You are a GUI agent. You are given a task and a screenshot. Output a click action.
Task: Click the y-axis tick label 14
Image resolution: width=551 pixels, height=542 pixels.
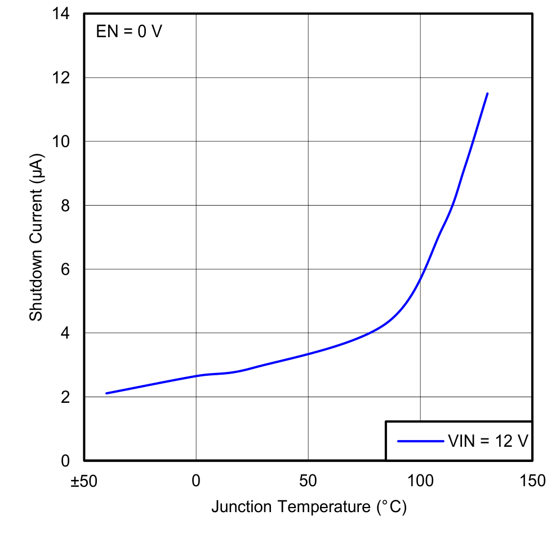(63, 14)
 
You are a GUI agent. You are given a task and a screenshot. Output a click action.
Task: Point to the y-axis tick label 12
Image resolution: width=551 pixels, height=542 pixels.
(63, 78)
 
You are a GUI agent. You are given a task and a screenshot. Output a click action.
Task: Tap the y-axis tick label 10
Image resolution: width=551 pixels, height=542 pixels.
(63, 141)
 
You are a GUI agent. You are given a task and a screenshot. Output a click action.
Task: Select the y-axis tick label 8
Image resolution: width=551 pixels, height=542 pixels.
(66, 206)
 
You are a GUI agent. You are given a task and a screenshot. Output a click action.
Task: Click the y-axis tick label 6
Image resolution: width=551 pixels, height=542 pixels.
(66, 269)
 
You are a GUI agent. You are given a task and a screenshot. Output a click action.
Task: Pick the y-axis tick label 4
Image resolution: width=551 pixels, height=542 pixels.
(66, 333)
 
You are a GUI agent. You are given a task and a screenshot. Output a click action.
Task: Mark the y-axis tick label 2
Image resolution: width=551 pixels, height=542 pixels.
(66, 397)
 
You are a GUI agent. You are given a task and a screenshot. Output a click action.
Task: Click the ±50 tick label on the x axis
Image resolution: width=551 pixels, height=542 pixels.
(83, 482)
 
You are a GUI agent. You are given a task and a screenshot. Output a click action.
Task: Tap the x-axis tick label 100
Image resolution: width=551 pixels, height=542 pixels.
(420, 482)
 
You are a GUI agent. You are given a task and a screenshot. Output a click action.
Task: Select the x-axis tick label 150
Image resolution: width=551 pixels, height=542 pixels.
(532, 482)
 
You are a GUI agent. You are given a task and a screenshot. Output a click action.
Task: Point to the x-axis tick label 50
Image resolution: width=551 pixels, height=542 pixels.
(308, 482)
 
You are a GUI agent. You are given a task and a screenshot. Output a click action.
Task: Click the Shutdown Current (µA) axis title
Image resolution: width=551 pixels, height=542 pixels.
(36, 237)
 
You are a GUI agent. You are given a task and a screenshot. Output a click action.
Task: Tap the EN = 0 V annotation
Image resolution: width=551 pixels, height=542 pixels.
(129, 32)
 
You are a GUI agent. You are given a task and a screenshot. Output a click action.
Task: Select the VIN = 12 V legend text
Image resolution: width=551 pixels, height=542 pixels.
(488, 441)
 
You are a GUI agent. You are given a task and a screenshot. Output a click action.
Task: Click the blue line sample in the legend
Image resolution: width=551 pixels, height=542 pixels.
(420, 441)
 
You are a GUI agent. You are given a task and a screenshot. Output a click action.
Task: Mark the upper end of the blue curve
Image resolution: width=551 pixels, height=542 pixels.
(487, 94)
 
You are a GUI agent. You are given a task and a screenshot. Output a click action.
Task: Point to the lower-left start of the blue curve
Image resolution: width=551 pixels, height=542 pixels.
(106, 393)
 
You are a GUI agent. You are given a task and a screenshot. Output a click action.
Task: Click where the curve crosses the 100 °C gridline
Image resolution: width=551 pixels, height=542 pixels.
(420, 278)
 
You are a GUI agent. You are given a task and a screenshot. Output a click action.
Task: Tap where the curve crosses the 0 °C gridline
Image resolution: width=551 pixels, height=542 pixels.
(196, 376)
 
